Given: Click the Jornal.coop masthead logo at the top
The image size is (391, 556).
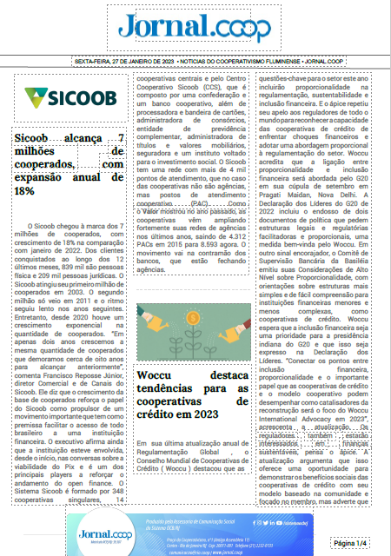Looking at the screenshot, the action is [x=195, y=29].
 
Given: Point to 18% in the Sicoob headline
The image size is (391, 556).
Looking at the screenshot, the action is [x=24, y=190].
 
